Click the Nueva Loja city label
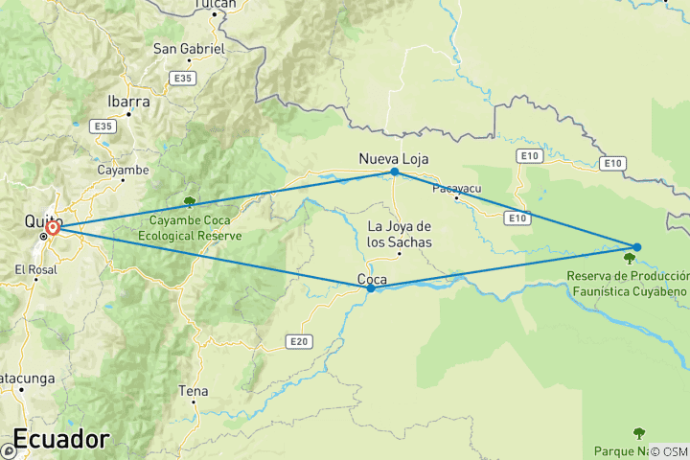point(393,158)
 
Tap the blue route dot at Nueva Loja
point(394,172)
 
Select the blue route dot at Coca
point(371,287)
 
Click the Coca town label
point(372,280)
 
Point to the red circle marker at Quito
point(54,228)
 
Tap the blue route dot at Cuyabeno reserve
point(636,247)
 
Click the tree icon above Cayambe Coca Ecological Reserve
point(190,201)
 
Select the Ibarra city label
point(127,101)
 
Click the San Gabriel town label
point(189,49)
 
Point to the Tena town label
point(193,391)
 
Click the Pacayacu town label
point(455,188)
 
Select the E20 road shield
point(299,339)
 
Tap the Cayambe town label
point(123,171)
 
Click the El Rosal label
point(36,270)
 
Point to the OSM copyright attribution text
point(667,450)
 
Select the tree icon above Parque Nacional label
point(638,433)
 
